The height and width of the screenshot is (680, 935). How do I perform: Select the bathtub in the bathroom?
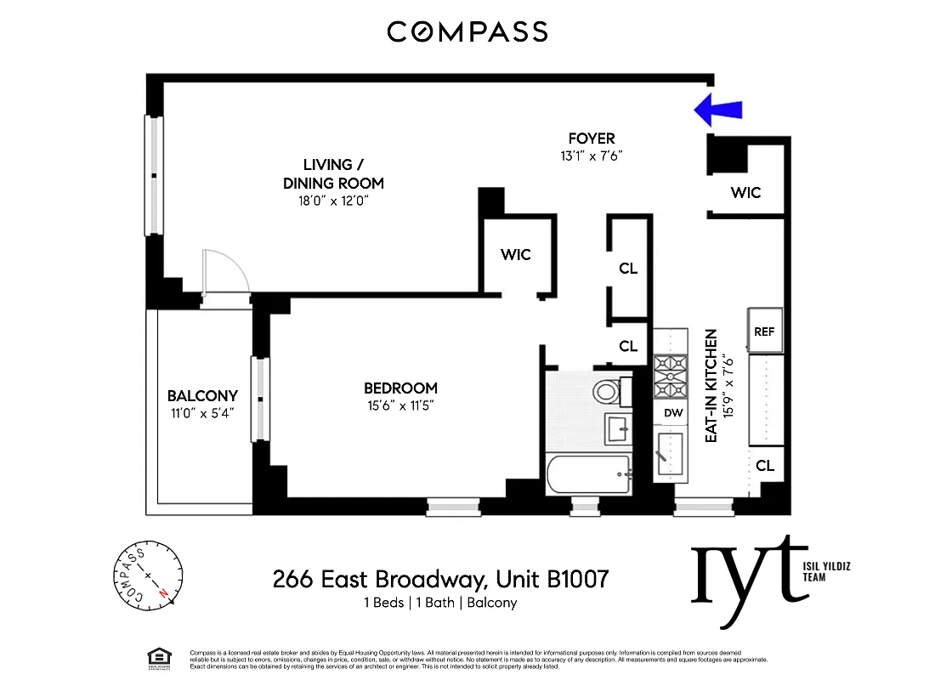click(x=589, y=474)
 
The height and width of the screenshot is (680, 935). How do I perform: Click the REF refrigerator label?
click(x=764, y=332)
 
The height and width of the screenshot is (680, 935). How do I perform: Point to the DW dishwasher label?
click(x=673, y=412)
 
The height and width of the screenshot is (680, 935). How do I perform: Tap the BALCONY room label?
click(x=202, y=396)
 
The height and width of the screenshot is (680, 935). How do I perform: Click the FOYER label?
click(x=592, y=139)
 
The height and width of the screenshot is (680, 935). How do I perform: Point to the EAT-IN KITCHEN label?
click(x=712, y=384)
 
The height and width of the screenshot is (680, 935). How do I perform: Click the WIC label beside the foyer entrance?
click(x=745, y=193)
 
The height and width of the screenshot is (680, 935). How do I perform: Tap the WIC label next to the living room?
click(x=515, y=254)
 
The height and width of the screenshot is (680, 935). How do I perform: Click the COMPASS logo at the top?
click(x=467, y=32)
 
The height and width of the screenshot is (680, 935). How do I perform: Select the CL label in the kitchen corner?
click(x=765, y=465)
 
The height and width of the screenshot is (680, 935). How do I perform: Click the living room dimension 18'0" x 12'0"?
click(x=332, y=201)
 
